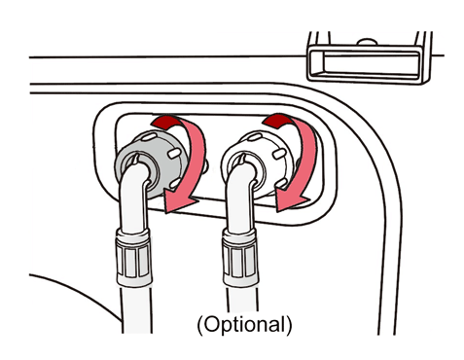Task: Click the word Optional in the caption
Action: tap(245, 324)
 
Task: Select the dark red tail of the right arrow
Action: tap(276, 121)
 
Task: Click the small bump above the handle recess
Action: tap(367, 42)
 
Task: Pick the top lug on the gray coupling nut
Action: tap(148, 136)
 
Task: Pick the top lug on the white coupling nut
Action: tap(255, 136)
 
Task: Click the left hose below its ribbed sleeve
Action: tap(136, 309)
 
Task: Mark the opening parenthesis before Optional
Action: tap(200, 325)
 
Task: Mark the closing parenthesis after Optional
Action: tap(289, 325)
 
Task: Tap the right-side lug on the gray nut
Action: tap(174, 154)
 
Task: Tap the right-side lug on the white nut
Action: tap(279, 154)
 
